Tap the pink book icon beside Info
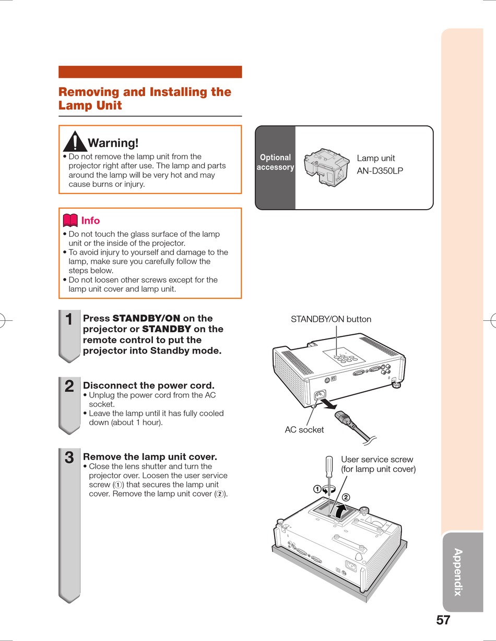coord(70,220)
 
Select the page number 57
coord(443,620)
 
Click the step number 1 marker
coord(69,319)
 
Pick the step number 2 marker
coord(69,386)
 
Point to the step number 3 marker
coord(69,458)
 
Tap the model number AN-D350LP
coord(380,171)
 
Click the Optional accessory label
coord(275,162)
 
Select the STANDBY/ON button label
coord(331,319)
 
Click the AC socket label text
coord(304,430)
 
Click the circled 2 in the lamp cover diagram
coord(345,497)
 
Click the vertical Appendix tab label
coord(458,572)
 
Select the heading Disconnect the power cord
coord(149,386)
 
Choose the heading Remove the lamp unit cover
coord(150,457)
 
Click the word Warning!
coord(113,142)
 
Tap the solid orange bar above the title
coord(150,72)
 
